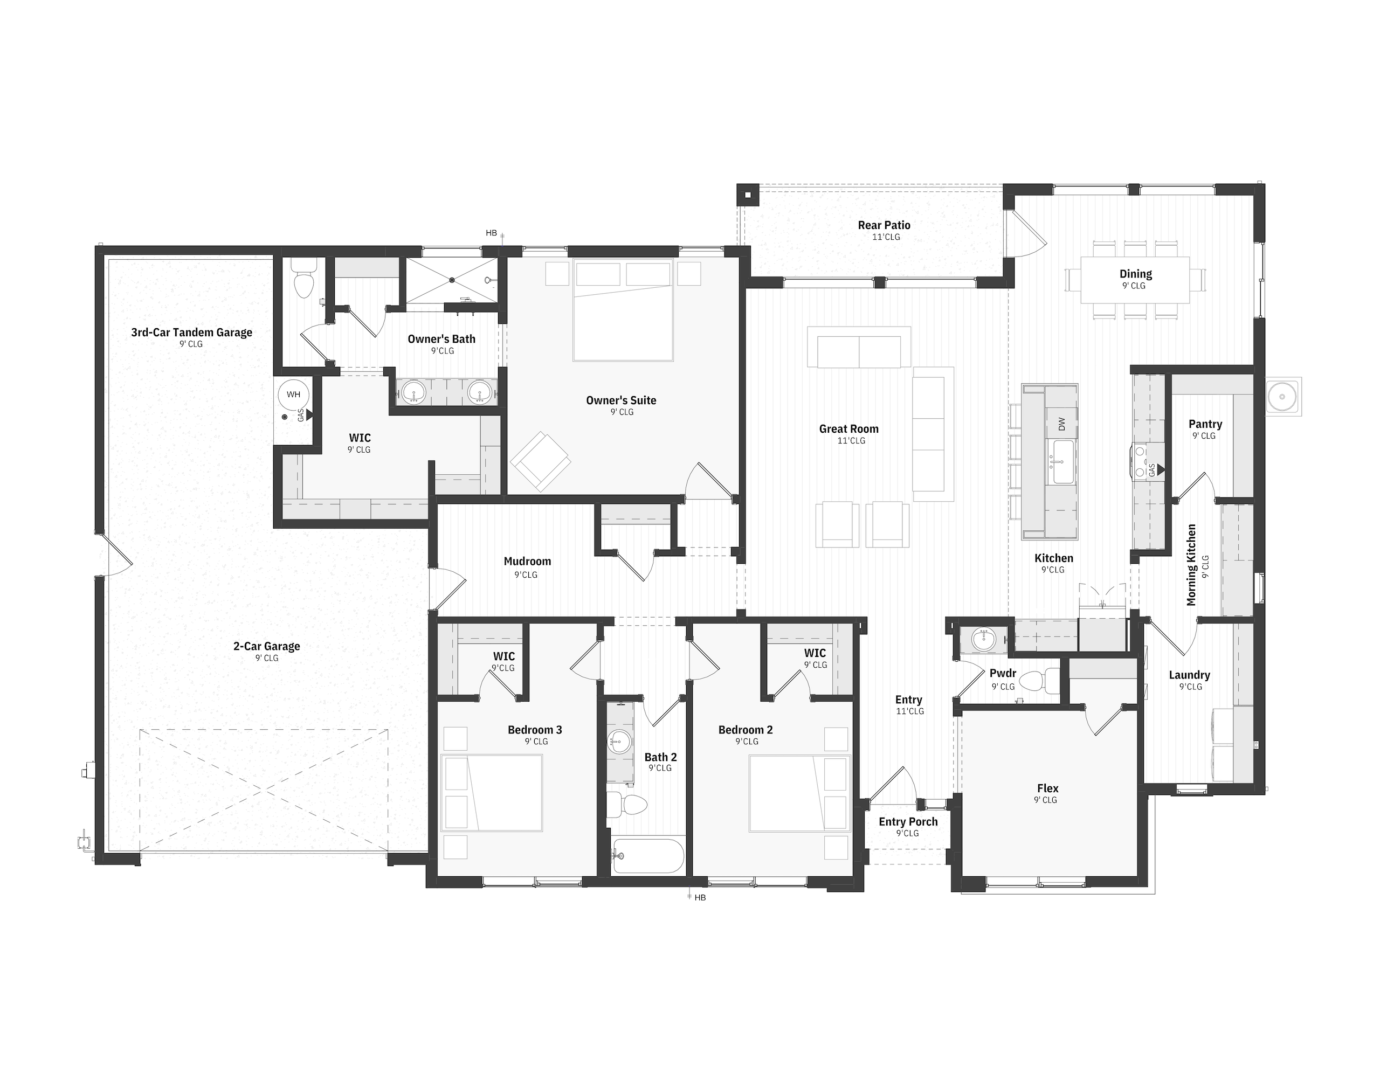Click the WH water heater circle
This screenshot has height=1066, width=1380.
pyautogui.click(x=294, y=395)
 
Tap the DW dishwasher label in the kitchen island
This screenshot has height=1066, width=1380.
pyautogui.click(x=1061, y=424)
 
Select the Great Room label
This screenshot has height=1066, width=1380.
pyautogui.click(x=848, y=428)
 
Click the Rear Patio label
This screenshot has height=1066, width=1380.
pyautogui.click(x=884, y=225)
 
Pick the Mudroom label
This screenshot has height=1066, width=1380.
pyautogui.click(x=527, y=561)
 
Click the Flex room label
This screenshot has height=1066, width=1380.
pyautogui.click(x=1047, y=788)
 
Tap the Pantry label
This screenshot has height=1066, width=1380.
pyautogui.click(x=1205, y=424)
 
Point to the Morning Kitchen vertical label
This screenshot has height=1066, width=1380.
pyautogui.click(x=1191, y=565)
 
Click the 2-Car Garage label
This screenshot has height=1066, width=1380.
pyautogui.click(x=267, y=646)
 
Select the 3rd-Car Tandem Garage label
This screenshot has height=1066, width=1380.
pyautogui.click(x=191, y=333)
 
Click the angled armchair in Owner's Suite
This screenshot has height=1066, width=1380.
pyautogui.click(x=540, y=461)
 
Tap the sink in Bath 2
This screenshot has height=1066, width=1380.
pyautogui.click(x=619, y=741)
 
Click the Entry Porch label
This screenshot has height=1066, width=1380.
pyautogui.click(x=908, y=821)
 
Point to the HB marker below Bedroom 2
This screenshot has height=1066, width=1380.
pyautogui.click(x=700, y=897)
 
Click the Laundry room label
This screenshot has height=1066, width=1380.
pyautogui.click(x=1189, y=675)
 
